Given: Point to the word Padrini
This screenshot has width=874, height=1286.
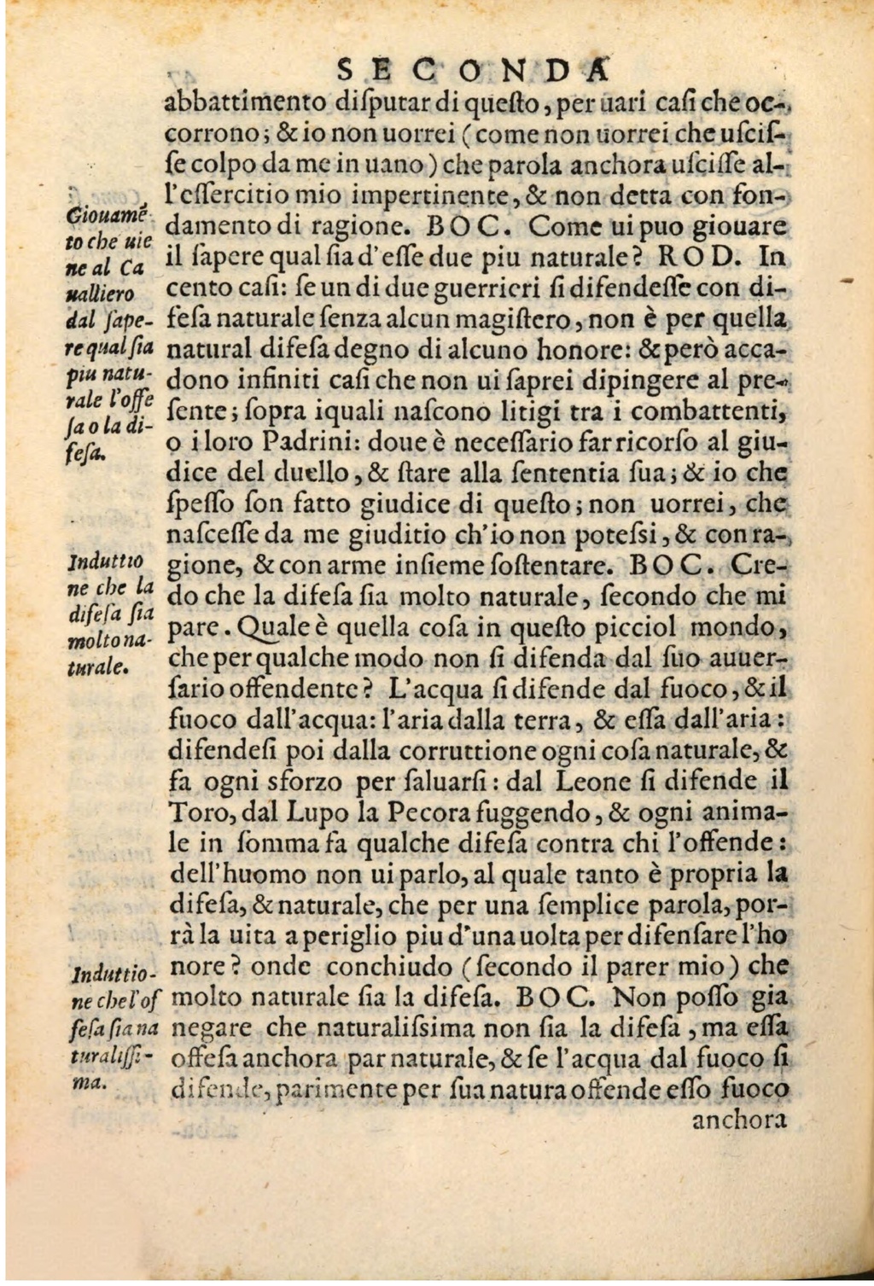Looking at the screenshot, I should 283,444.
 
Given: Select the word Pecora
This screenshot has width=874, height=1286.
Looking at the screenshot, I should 428,812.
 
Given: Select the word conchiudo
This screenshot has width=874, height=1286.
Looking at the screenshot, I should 393,967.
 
